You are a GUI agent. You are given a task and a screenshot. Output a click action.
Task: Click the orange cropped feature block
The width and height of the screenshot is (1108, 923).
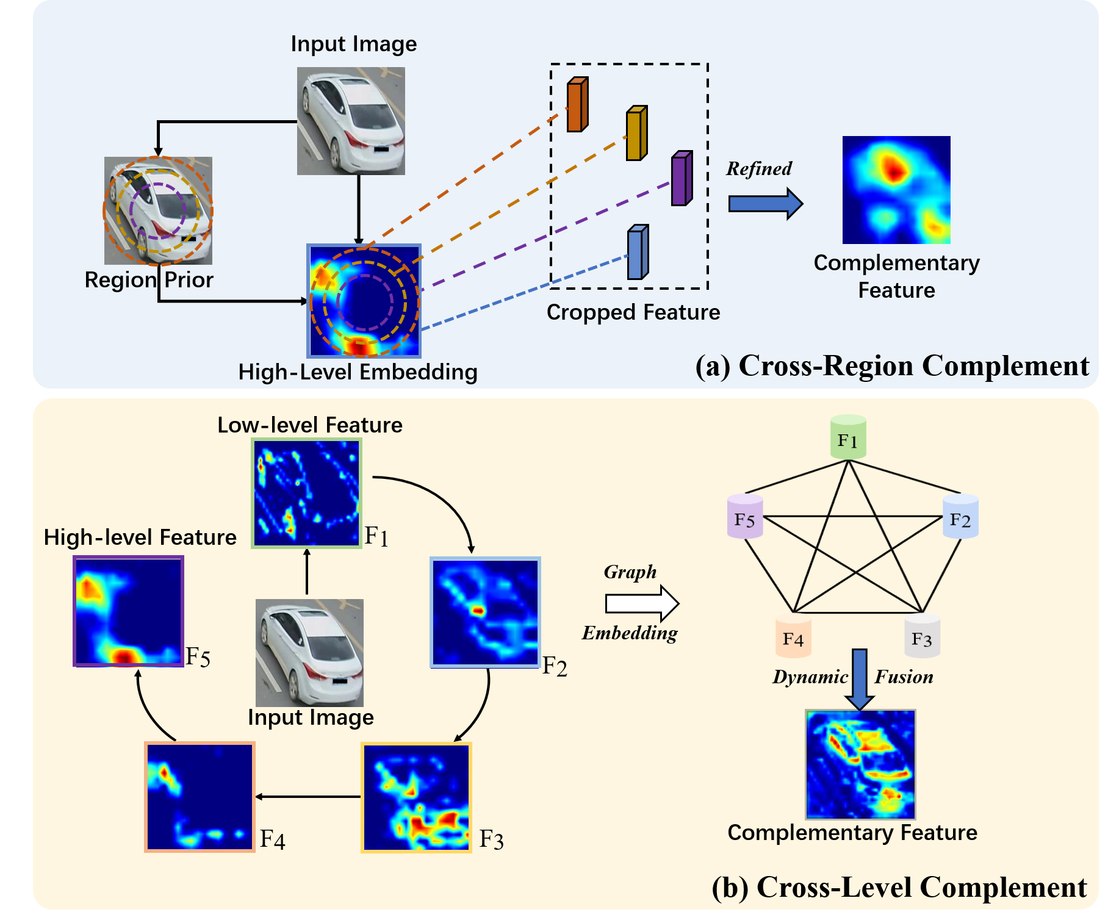click(x=577, y=104)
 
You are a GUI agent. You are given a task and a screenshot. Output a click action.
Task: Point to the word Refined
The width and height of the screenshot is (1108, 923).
click(x=758, y=169)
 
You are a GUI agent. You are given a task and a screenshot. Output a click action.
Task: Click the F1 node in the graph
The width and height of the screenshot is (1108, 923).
click(x=848, y=437)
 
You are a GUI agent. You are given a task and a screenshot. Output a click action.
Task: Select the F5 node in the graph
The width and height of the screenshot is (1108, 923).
click(x=745, y=517)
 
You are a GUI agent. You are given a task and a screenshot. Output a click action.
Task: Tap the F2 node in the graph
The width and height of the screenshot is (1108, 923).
click(x=960, y=517)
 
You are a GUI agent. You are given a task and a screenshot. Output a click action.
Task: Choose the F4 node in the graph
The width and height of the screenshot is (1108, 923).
click(x=793, y=636)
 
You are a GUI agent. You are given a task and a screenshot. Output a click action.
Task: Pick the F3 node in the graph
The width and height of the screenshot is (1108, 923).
click(x=921, y=636)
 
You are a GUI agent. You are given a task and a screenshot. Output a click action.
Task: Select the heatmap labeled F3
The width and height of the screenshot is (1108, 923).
click(x=417, y=797)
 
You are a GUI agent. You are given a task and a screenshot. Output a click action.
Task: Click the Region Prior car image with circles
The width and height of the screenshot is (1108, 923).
click(x=158, y=210)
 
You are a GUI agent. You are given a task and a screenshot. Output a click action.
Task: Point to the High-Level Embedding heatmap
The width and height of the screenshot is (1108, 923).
click(x=364, y=301)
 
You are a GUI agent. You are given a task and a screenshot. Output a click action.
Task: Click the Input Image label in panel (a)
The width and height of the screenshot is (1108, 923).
click(x=353, y=44)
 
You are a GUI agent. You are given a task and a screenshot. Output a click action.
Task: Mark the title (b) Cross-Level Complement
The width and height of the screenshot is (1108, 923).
click(x=899, y=887)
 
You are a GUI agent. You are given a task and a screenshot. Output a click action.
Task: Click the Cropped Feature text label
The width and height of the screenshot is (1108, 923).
click(x=633, y=312)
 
